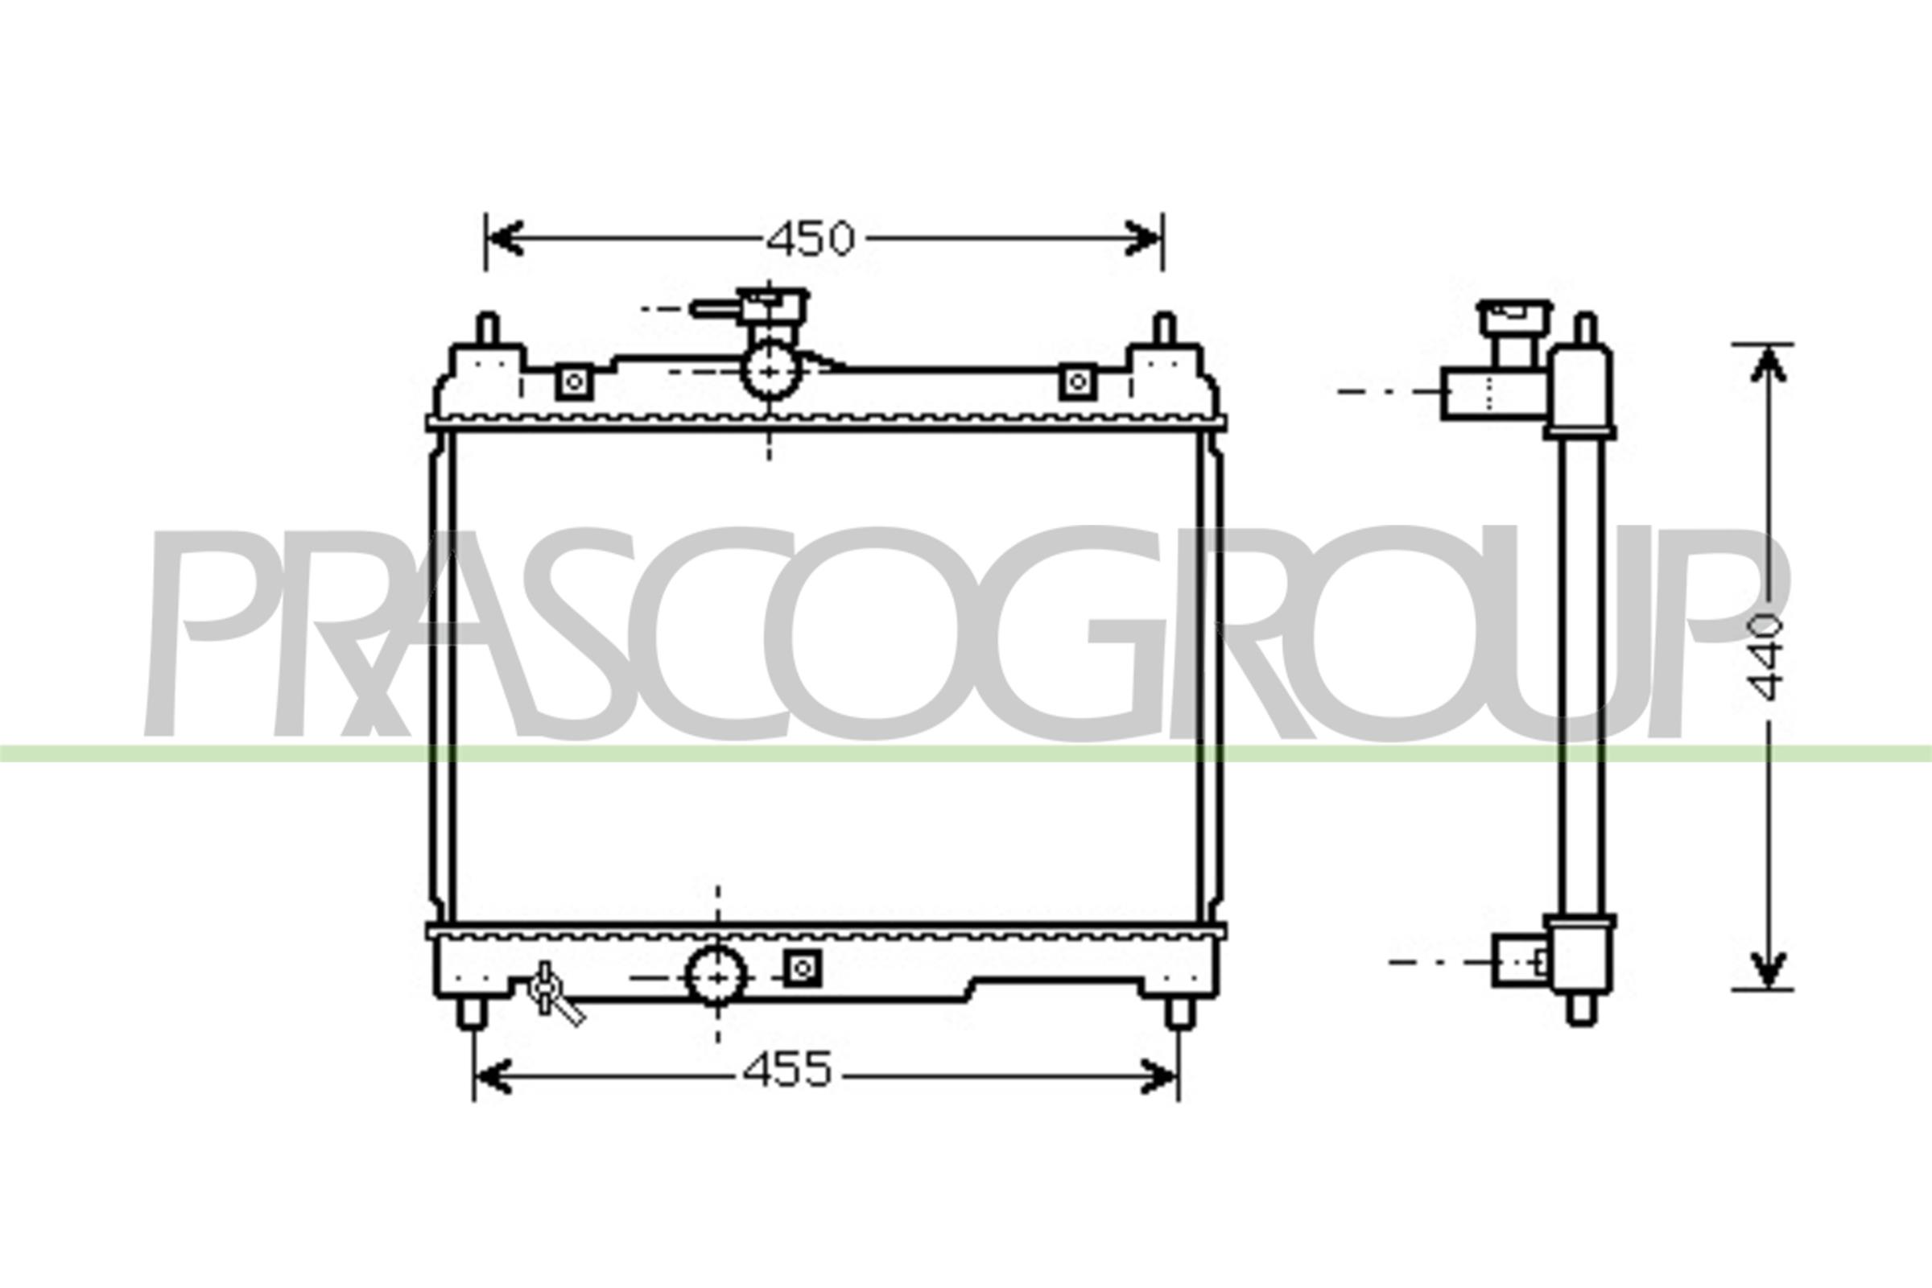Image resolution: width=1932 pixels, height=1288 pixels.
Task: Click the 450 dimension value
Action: [811, 239]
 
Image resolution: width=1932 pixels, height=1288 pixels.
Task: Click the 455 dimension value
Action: [788, 1071]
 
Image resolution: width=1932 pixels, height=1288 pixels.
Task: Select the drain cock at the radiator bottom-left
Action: [554, 994]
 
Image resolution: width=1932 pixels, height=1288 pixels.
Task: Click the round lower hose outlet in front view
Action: [717, 976]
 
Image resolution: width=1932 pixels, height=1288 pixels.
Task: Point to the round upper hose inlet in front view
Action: [770, 369]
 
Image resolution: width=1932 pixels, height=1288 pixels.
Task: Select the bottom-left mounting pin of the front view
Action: [473, 1013]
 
